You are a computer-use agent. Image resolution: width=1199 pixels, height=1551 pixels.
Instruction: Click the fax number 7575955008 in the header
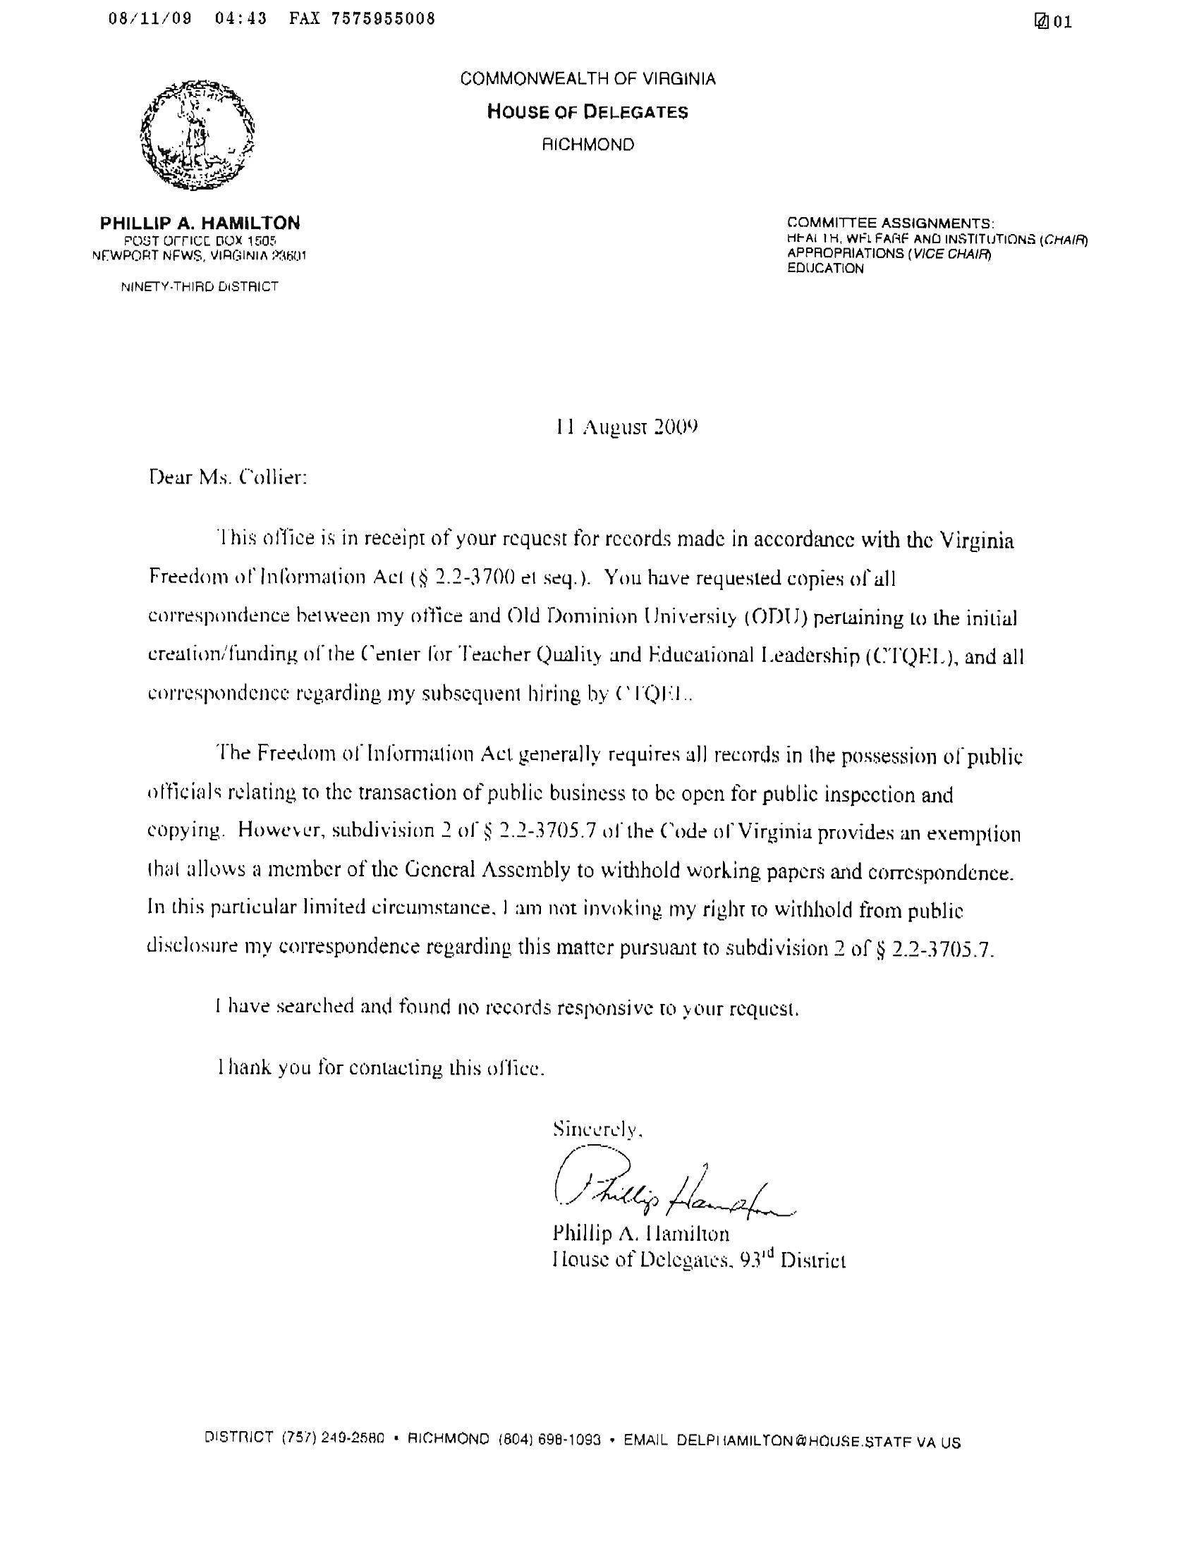(x=383, y=19)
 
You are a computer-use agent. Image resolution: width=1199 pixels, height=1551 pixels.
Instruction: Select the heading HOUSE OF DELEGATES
(x=588, y=112)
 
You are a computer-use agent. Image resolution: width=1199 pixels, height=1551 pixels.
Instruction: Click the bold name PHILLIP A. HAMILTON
(x=200, y=223)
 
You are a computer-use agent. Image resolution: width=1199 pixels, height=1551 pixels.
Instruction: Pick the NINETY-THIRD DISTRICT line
(x=199, y=287)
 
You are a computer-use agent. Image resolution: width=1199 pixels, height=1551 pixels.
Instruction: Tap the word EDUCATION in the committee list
(x=825, y=269)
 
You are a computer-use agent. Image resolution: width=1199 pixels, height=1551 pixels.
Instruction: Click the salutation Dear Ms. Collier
(x=228, y=477)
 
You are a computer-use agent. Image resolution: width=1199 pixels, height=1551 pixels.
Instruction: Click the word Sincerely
(x=598, y=1129)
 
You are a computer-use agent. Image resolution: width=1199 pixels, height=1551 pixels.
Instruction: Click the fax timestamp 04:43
(x=240, y=19)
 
